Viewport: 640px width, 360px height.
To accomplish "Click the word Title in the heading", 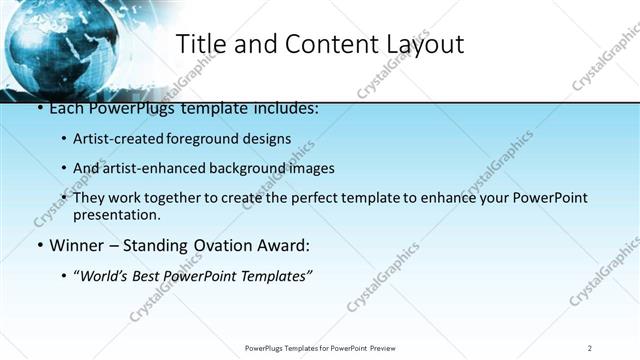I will coord(200,45).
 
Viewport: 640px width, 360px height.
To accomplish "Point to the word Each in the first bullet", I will coord(67,108).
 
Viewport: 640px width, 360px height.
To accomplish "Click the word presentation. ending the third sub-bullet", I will coord(116,215).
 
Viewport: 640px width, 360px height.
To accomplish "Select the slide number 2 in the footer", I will coord(590,347).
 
